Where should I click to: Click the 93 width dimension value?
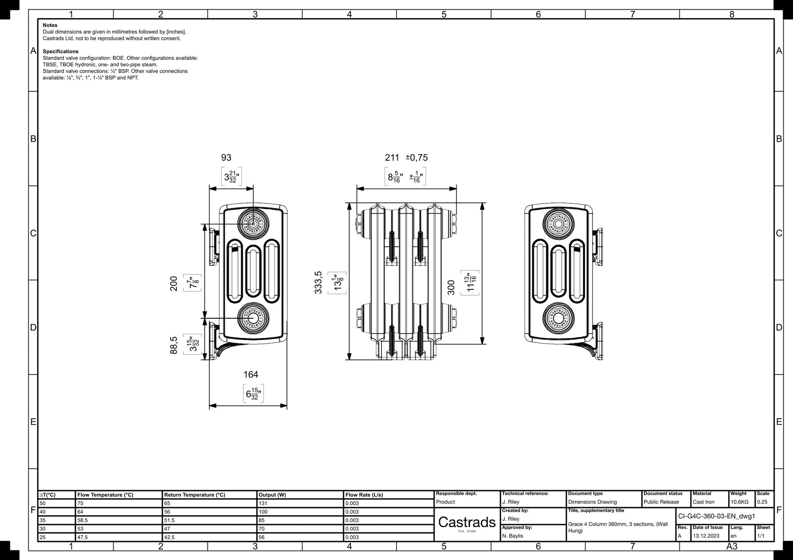coord(226,158)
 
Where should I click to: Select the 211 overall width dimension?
coord(392,158)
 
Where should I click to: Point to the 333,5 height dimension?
coord(319,282)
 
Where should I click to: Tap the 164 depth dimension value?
coord(251,375)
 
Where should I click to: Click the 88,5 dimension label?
coord(174,345)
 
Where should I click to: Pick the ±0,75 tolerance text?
coord(416,158)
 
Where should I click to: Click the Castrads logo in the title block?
coord(467,522)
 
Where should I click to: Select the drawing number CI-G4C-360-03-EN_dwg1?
coord(715,516)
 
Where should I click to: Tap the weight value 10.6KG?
coord(740,502)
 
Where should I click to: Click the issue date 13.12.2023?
coord(706,536)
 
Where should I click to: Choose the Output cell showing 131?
coord(263,503)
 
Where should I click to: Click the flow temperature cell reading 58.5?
coord(83,520)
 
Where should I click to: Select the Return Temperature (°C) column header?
coord(194,495)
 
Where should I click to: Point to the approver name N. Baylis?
coord(512,536)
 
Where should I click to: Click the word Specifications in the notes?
coord(60,52)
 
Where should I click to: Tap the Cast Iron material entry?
coord(704,502)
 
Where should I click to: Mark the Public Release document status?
coord(661,502)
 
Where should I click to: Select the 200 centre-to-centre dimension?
coord(174,283)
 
